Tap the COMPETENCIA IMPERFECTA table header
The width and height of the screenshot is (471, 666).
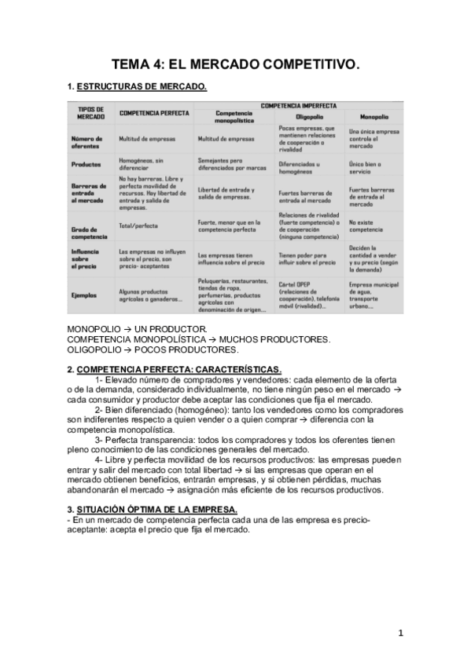click(298, 104)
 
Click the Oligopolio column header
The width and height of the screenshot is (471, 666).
click(298, 115)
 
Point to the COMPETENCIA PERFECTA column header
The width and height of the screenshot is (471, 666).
click(154, 113)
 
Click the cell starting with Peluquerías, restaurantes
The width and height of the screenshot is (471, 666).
click(232, 295)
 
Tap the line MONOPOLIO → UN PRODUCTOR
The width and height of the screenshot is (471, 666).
click(137, 328)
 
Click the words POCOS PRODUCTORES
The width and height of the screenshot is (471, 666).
click(182, 349)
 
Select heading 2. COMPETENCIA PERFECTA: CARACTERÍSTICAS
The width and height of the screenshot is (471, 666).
click(175, 369)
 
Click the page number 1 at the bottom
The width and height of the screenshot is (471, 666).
click(400, 633)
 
